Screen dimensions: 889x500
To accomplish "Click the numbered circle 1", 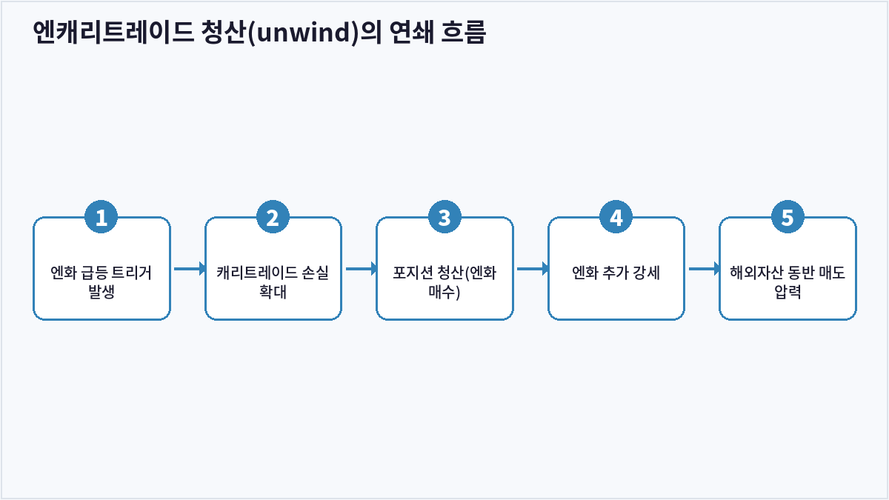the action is click(x=101, y=217).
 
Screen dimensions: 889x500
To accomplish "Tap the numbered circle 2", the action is click(x=273, y=217).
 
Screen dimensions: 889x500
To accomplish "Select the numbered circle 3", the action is click(x=444, y=217).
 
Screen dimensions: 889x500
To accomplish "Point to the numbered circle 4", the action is click(x=616, y=217).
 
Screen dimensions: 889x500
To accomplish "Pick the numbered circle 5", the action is click(x=788, y=217).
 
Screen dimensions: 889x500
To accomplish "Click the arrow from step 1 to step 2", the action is click(x=190, y=269).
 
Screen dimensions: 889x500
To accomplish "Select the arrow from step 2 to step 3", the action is click(x=362, y=269).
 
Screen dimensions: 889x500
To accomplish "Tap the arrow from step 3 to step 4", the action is click(x=533, y=269).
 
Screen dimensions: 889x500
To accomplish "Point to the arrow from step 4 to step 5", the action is click(x=705, y=269).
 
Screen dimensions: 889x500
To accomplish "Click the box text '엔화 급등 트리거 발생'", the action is click(x=101, y=282).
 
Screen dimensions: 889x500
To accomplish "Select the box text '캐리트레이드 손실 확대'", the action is click(x=273, y=282).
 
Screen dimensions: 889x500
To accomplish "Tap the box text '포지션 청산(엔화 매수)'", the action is click(x=444, y=282).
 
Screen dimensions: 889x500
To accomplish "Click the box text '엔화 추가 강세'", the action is click(x=616, y=273).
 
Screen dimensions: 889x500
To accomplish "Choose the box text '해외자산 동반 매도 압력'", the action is click(x=788, y=282).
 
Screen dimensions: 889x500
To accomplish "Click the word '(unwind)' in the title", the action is click(x=303, y=32).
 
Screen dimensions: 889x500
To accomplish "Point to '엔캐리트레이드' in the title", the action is click(x=113, y=32).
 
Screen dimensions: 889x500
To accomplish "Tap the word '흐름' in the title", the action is click(x=463, y=32).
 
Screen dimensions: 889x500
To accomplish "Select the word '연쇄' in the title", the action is click(x=412, y=32).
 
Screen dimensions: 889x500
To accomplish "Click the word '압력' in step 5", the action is click(x=788, y=292).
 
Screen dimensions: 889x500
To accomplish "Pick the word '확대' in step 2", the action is click(x=273, y=292).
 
